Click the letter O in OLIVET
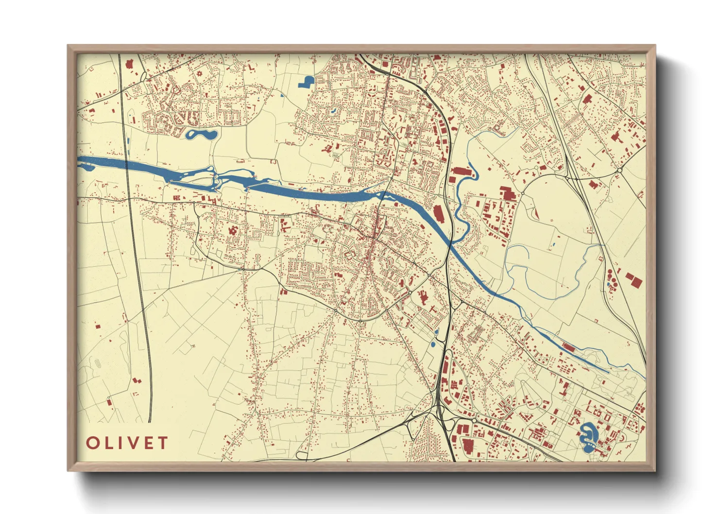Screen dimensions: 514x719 point(93,443)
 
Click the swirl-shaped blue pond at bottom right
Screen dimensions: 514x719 point(588,436)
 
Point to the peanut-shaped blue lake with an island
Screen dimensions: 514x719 point(202,134)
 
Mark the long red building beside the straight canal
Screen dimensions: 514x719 point(568,347)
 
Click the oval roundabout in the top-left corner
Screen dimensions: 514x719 point(143,76)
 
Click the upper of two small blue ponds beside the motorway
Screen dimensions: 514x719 point(436,332)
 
